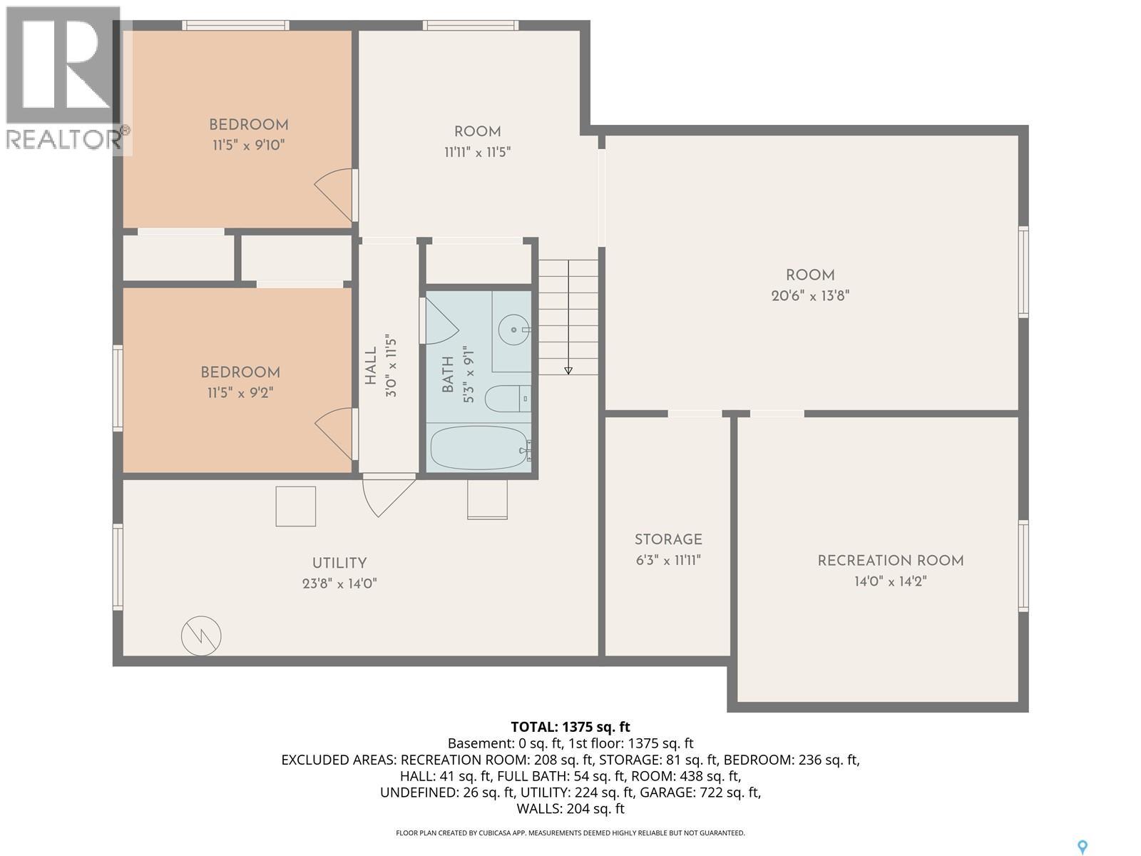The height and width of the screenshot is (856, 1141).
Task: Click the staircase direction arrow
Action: point(568,370)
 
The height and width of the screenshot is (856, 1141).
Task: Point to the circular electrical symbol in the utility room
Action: point(201,635)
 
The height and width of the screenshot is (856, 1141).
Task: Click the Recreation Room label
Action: point(890,561)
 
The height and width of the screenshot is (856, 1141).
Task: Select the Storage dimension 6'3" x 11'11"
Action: point(668,560)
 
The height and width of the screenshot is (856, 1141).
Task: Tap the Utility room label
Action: point(339,563)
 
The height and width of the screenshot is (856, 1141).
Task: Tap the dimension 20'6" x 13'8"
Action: point(810,295)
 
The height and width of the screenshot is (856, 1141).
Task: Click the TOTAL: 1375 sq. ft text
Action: point(570,727)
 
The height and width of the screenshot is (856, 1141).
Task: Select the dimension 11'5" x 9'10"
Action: point(248,145)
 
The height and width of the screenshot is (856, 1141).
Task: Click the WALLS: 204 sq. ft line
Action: point(570,808)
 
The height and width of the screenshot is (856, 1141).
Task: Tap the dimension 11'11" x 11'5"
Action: point(477,152)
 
